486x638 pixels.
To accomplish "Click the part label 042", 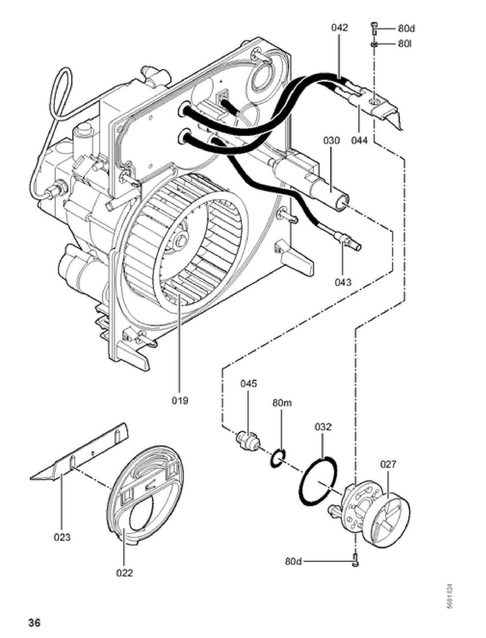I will pos(340,28).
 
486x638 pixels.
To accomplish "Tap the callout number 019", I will pos(180,400).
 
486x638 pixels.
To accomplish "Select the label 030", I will pos(331,141).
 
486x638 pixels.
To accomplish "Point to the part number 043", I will pos(343,282).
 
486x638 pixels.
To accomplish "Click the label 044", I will pos(360,141).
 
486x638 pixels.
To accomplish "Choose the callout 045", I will pos(249,383).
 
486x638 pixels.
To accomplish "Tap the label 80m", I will pos(282,403).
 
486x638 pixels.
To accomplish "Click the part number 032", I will pos(323,427).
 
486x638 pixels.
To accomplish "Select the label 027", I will pos(388,464).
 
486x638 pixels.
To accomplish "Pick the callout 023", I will pos(62,537).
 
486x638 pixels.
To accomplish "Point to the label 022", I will pos(124,573).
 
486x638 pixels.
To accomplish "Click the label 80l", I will pos(405,44).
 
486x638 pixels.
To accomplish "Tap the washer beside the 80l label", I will pos(374,44).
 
